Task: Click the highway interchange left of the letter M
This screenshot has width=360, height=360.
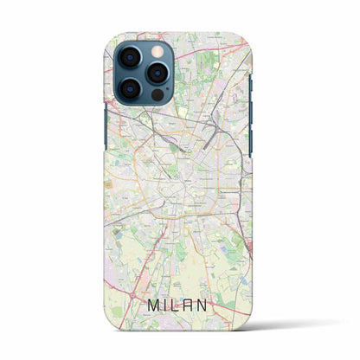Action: click(122, 295)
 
